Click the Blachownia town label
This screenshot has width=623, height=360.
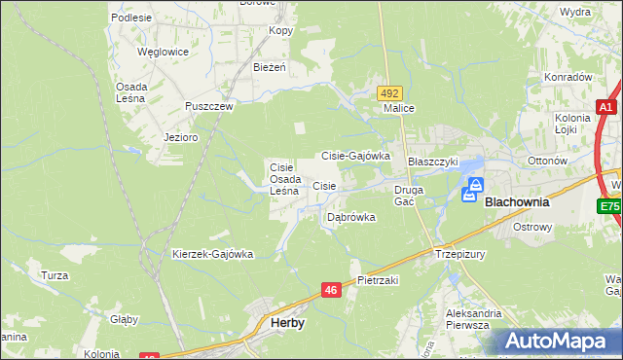tap(517, 202)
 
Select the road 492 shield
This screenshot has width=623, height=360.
tap(389, 92)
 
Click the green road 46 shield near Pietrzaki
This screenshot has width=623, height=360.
tap(331, 290)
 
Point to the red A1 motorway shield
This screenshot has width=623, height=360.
tap(605, 108)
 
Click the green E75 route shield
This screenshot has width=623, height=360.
tap(609, 207)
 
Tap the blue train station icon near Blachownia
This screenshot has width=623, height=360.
tap(476, 185)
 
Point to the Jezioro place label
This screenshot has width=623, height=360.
tap(181, 138)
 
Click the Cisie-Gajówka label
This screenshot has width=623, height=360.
tap(355, 156)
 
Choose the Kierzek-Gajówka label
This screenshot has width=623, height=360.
tap(212, 255)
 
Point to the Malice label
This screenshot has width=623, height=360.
tap(399, 109)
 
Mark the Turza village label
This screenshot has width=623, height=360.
tap(55, 275)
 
